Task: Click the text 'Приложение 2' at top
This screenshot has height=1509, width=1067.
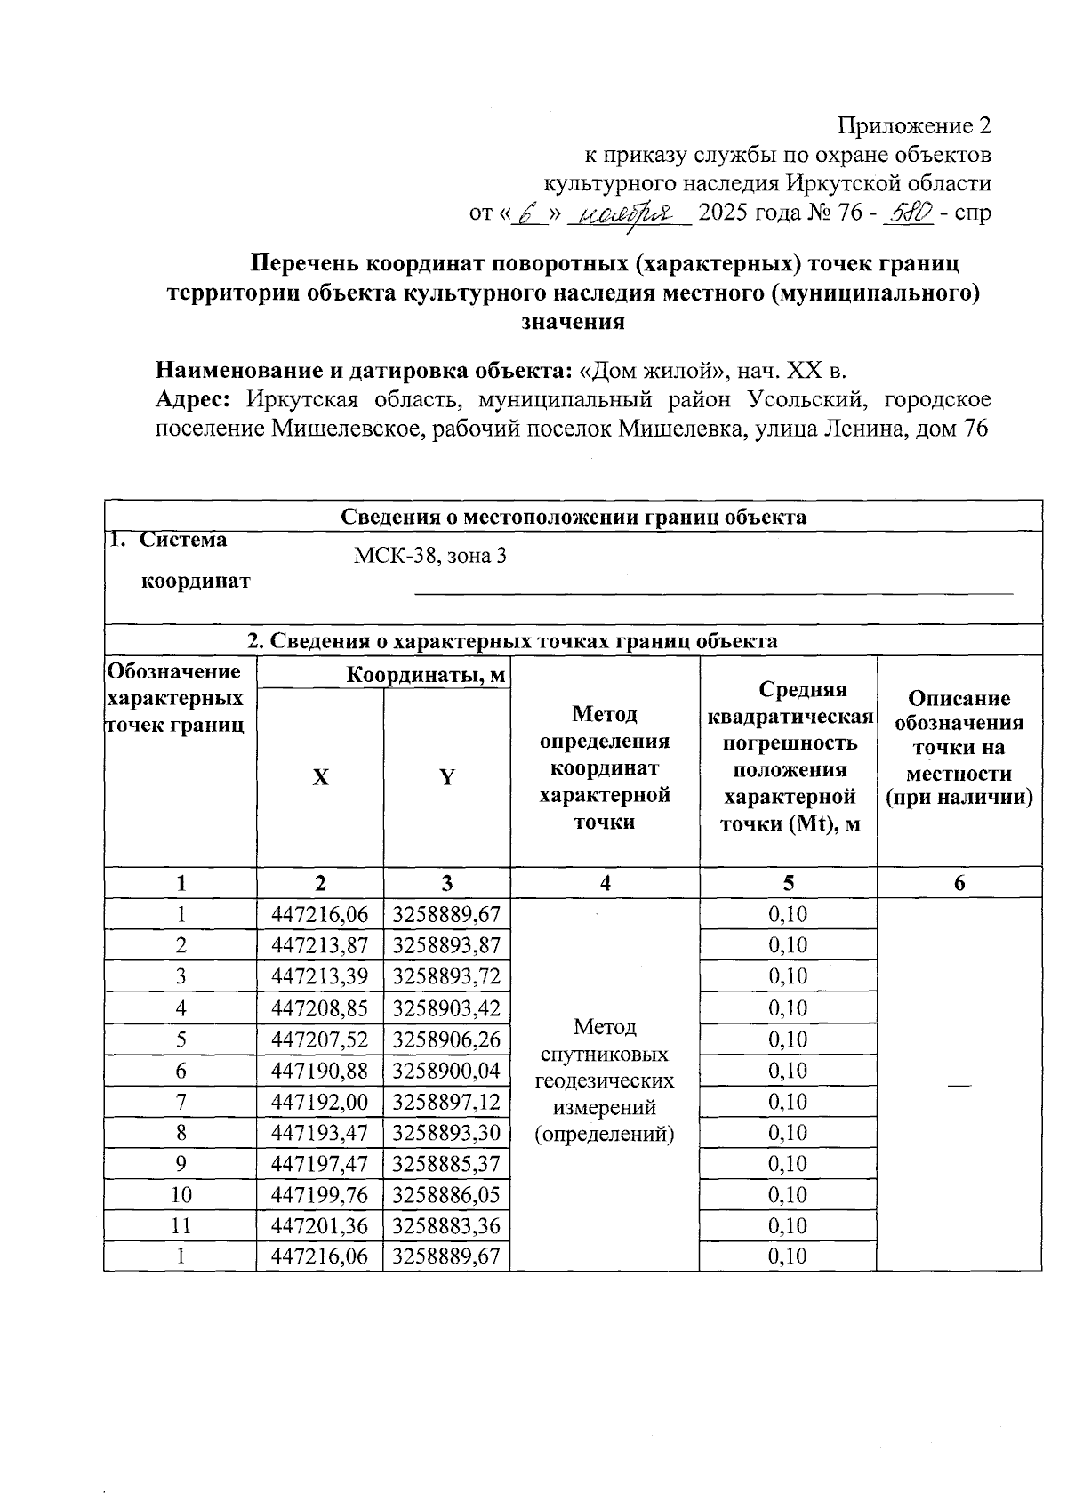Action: coord(916,125)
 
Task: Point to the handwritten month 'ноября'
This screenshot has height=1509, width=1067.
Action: coord(628,214)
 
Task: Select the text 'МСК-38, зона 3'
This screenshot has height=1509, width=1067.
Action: coord(430,557)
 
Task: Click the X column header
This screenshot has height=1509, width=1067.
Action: coord(320,777)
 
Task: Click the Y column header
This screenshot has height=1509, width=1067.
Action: coord(447,777)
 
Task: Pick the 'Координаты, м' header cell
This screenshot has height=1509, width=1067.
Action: coord(426,676)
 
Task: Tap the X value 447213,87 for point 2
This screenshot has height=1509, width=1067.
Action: coord(320,945)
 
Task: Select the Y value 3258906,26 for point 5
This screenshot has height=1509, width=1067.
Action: coord(446,1039)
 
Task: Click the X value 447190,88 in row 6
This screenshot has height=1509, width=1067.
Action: coord(320,1071)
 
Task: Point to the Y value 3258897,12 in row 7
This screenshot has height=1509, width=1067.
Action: coord(446,1102)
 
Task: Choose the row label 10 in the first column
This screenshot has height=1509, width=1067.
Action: coord(181,1195)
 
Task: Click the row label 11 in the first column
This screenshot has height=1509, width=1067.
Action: coord(181,1226)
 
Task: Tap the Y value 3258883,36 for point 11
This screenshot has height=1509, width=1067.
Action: coord(446,1226)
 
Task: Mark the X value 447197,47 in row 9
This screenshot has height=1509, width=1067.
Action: coord(320,1164)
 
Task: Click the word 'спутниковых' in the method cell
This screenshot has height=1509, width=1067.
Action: coord(605,1055)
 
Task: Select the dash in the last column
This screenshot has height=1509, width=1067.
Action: coord(959,1084)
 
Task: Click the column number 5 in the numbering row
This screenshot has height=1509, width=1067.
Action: coord(788,883)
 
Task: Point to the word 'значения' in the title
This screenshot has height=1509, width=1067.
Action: coord(573,322)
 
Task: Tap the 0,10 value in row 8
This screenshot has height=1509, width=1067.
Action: coord(788,1133)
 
